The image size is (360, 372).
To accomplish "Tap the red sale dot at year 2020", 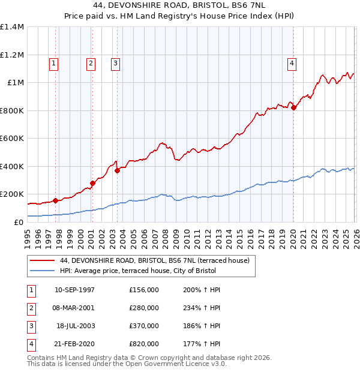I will click(293, 107).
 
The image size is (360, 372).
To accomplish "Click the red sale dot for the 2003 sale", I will click(118, 170).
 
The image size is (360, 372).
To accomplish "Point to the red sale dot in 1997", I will click(55, 200).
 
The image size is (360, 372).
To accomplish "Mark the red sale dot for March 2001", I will click(92, 183).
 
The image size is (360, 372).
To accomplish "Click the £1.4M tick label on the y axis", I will click(12, 27).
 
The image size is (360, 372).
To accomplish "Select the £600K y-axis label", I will click(12, 139).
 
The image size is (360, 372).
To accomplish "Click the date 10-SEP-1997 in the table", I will click(74, 290).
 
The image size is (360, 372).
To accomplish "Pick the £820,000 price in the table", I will click(144, 344).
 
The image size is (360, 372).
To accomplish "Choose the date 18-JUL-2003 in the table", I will click(76, 326).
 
